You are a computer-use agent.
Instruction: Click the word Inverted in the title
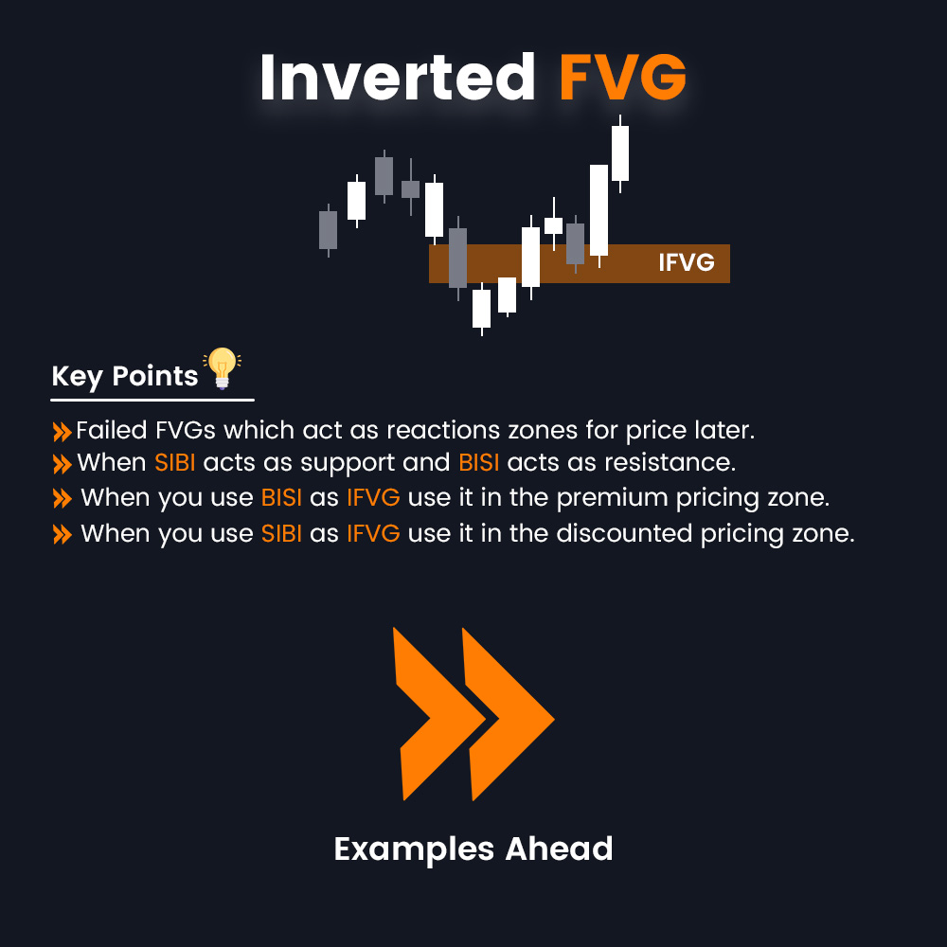[398, 78]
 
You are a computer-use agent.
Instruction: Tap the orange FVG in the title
[622, 78]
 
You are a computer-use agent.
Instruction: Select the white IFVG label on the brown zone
[686, 262]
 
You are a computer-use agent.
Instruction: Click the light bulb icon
[223, 367]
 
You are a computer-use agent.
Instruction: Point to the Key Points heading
[124, 376]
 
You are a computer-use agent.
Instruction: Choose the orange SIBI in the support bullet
[175, 463]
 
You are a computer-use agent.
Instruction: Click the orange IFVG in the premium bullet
[372, 498]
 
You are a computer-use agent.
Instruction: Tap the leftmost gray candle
[328, 229]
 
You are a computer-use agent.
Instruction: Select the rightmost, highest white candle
[620, 152]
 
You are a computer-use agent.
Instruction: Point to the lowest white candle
[481, 308]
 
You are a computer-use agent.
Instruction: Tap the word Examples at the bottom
[414, 849]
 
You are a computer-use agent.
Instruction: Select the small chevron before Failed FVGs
[62, 432]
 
